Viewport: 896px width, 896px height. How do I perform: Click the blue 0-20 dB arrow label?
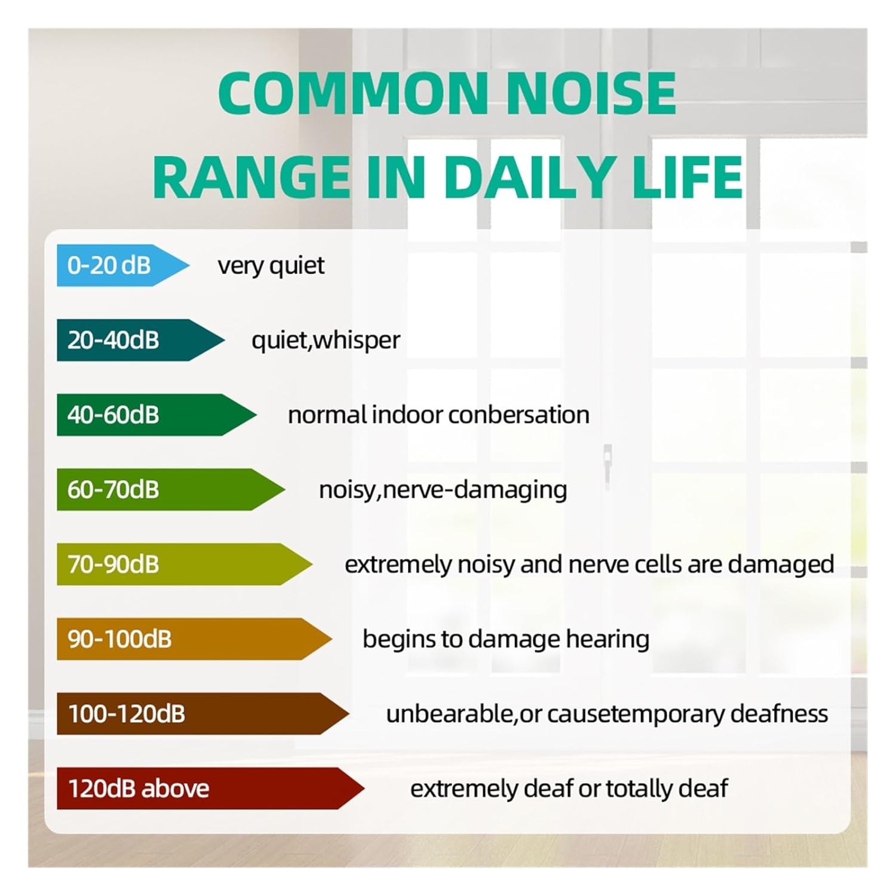(x=119, y=265)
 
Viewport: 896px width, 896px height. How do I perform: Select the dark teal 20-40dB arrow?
(x=137, y=340)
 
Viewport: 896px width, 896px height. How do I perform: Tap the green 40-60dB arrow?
(x=152, y=415)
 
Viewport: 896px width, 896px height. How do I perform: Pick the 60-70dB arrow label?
(x=167, y=489)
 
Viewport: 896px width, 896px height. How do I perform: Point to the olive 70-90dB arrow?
(x=179, y=564)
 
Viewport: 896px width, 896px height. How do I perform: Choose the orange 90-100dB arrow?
(x=191, y=639)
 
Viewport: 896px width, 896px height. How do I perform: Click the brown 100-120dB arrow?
(x=200, y=713)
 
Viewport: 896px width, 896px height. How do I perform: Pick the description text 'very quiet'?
(x=271, y=265)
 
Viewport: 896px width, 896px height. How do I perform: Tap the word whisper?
(x=357, y=340)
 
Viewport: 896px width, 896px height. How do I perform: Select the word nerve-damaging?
(x=475, y=490)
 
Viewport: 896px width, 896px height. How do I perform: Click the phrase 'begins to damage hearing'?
(x=505, y=639)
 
